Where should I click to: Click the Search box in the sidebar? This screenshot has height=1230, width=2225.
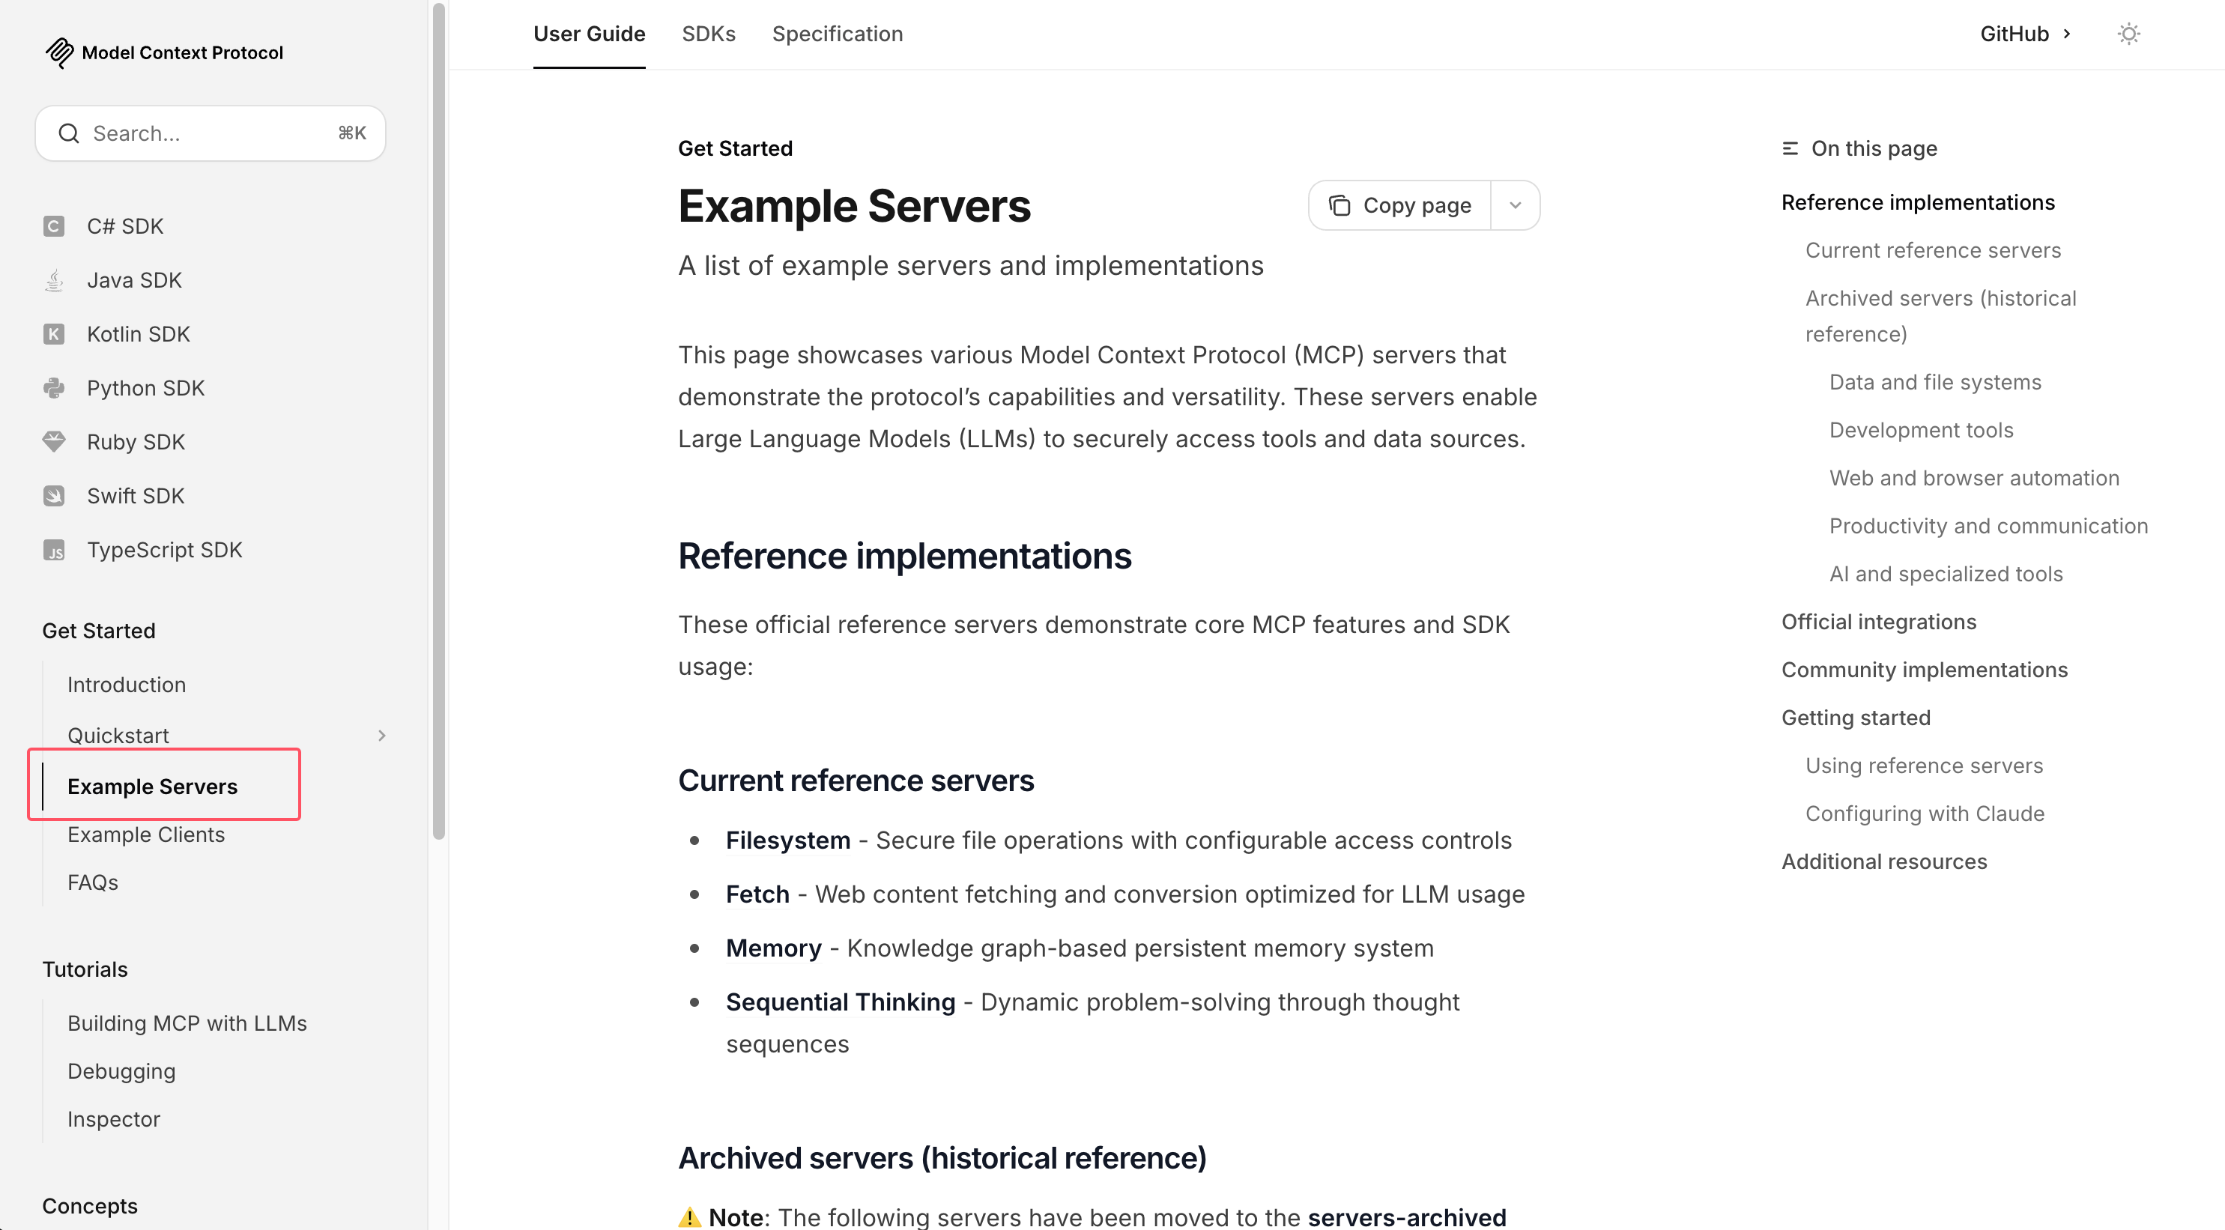point(210,133)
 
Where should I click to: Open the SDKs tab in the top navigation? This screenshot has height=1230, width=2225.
point(708,34)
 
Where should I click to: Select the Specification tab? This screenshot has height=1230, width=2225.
point(837,34)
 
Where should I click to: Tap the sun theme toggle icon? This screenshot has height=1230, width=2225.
point(2128,34)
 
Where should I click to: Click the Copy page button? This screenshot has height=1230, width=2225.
point(1400,205)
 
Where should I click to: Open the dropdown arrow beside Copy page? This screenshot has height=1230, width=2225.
point(1515,205)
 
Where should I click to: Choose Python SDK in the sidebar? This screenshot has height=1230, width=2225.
point(145,388)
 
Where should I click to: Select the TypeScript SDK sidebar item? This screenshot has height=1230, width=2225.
point(164,549)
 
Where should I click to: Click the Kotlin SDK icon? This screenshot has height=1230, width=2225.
point(53,334)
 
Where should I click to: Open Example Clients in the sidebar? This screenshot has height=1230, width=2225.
point(146,834)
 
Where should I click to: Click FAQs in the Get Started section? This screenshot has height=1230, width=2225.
point(92,882)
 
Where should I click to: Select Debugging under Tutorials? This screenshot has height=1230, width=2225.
point(121,1071)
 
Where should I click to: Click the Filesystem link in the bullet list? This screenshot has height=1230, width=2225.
point(787,840)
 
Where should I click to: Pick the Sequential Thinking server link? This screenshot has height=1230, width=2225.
point(840,1002)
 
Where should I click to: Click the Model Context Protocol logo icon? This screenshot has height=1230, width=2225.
point(60,52)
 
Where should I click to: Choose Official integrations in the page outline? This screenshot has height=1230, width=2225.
point(1879,622)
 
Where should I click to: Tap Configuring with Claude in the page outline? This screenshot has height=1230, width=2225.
point(1925,814)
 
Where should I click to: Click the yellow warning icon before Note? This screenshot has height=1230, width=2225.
point(689,1217)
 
